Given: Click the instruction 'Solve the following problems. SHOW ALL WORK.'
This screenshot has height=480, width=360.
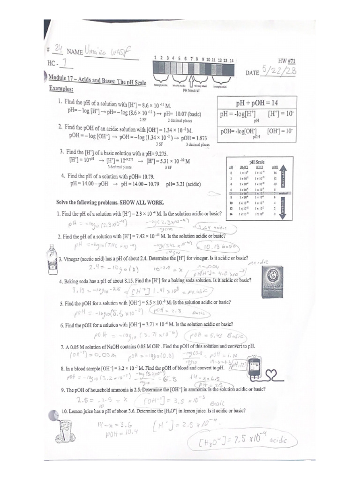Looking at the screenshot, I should point(111,202).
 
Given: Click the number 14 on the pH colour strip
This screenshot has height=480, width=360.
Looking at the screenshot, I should point(232,60).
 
